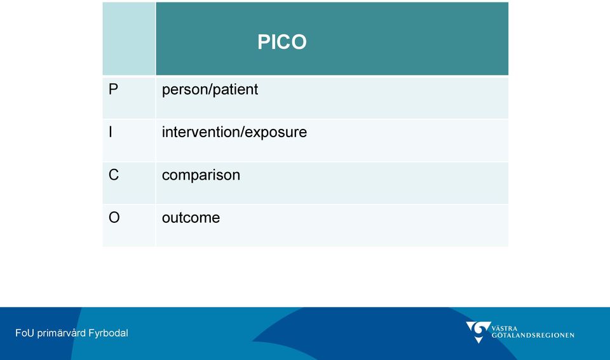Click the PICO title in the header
pyautogui.click(x=282, y=42)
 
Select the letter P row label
pyautogui.click(x=113, y=90)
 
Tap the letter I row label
pyautogui.click(x=111, y=132)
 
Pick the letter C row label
pyautogui.click(x=114, y=175)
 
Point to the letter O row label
pyautogui.click(x=114, y=218)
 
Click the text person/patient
pyautogui.click(x=210, y=90)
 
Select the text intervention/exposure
pyautogui.click(x=234, y=133)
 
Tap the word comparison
pyautogui.click(x=201, y=176)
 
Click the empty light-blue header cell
pyautogui.click(x=129, y=39)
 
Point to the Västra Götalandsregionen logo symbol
pyautogui.click(x=478, y=332)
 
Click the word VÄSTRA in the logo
pyautogui.click(x=504, y=328)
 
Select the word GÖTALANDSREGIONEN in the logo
pyautogui.click(x=532, y=335)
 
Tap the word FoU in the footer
pyautogui.click(x=25, y=333)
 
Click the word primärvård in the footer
pyautogui.click(x=61, y=333)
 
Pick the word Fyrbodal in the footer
pyautogui.click(x=108, y=333)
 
